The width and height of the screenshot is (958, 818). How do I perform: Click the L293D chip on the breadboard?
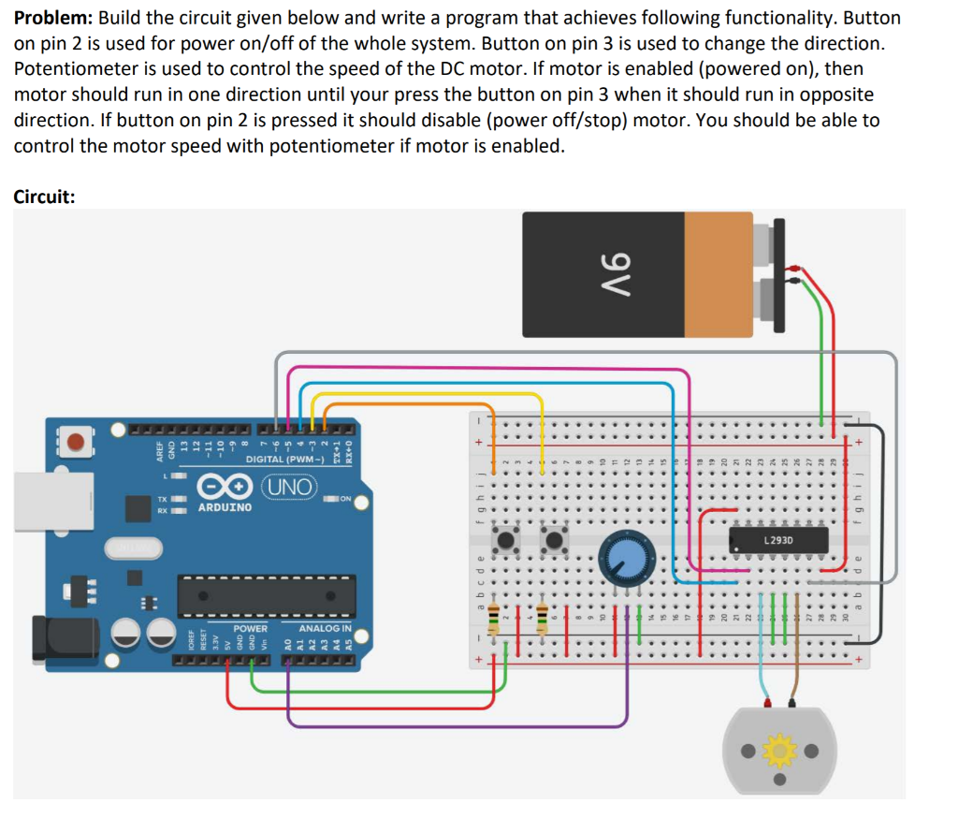pyautogui.click(x=778, y=541)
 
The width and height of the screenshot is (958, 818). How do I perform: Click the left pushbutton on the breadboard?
pyautogui.click(x=509, y=540)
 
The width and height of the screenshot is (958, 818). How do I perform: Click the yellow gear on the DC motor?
pyautogui.click(x=778, y=751)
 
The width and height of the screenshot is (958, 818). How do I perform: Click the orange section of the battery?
pyautogui.click(x=718, y=273)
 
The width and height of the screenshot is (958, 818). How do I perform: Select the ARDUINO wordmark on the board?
pyautogui.click(x=225, y=507)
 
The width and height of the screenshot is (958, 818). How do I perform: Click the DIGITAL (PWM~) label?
pyautogui.click(x=284, y=460)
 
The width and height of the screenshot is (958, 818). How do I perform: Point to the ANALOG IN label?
pyautogui.click(x=325, y=628)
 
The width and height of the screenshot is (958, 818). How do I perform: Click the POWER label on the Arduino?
pyautogui.click(x=250, y=628)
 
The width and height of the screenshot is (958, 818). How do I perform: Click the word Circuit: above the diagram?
pyautogui.click(x=44, y=197)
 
